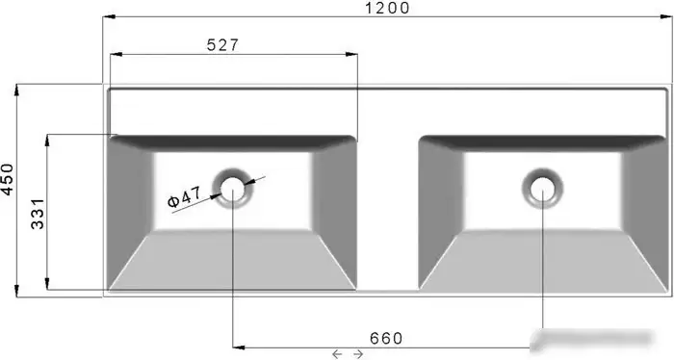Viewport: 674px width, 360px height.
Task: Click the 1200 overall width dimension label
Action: (387, 8)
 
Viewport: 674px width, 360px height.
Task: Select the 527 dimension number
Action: (222, 44)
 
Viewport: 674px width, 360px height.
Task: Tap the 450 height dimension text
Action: (8, 179)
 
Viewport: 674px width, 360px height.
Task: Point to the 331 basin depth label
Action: (38, 214)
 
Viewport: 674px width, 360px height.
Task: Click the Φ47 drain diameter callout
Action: (184, 197)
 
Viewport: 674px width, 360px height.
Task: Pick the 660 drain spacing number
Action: (386, 339)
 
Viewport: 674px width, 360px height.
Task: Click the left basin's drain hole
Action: (233, 189)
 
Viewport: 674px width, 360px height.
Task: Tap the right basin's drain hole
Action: (542, 189)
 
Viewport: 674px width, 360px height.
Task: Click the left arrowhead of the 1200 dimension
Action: (109, 16)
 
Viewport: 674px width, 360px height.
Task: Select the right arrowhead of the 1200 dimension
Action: (666, 16)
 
